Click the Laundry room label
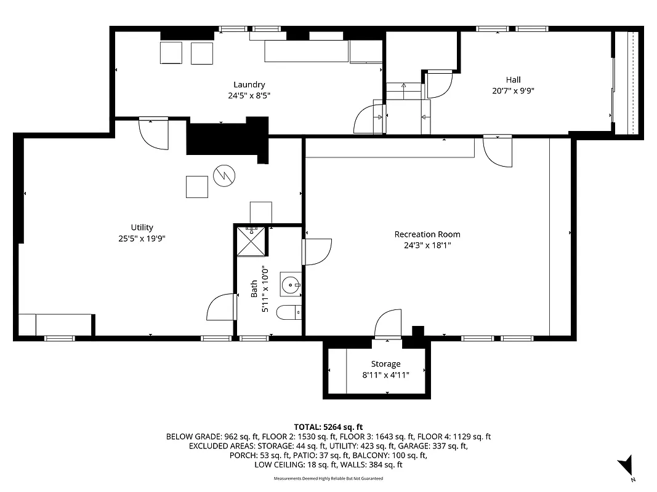coord(249,85)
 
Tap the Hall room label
coord(513,80)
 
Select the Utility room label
coord(142,228)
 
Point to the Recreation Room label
coord(427,234)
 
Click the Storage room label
coord(385,364)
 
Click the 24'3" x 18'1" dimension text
coord(427,245)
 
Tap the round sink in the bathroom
coord(290,284)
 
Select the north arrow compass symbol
coord(627,464)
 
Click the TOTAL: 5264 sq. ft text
coord(328,427)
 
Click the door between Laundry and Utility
coord(153,132)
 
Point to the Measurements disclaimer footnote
coord(328,478)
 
